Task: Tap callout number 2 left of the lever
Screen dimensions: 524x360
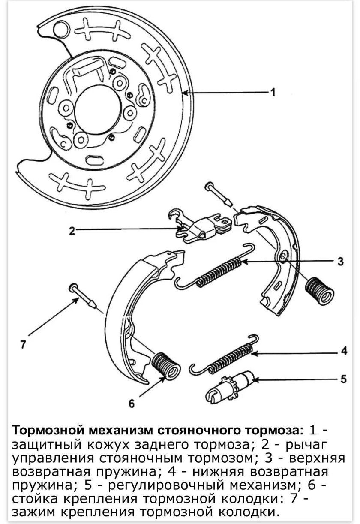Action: click(x=72, y=231)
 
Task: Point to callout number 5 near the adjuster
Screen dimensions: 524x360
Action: click(x=343, y=379)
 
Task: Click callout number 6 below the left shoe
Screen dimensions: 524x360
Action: click(x=132, y=403)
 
